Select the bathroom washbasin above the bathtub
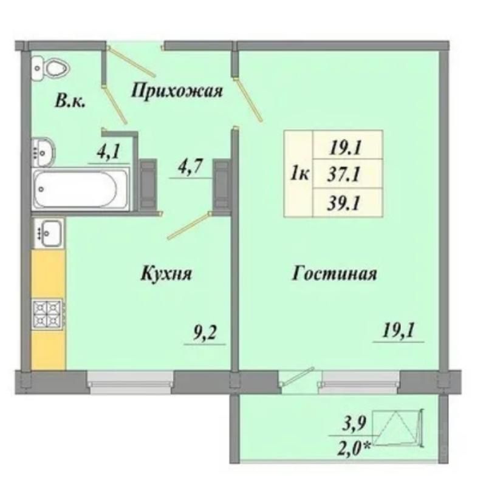[x=43, y=152]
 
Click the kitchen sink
[x=49, y=233]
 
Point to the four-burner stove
[x=47, y=314]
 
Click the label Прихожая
[x=176, y=90]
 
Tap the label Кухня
[x=166, y=274]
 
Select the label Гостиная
[x=334, y=274]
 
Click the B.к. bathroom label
[x=70, y=101]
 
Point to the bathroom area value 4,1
[x=108, y=151]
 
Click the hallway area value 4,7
[x=191, y=167]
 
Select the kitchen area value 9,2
[x=205, y=333]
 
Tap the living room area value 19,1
[x=399, y=331]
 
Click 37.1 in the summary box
[x=344, y=175]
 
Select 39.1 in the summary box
[x=344, y=203]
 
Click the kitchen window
[x=131, y=382]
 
